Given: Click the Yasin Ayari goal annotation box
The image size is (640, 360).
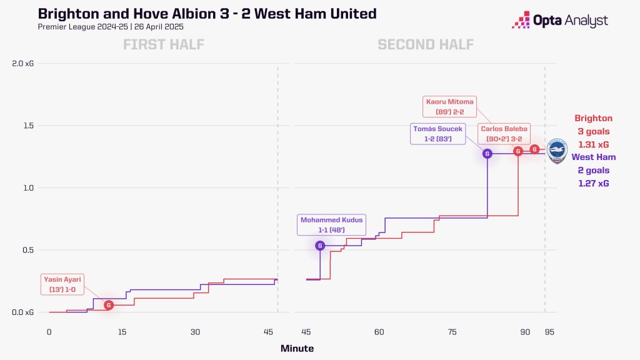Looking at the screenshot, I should (x=62, y=285).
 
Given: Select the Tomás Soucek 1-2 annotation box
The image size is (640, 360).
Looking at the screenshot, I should (x=437, y=134).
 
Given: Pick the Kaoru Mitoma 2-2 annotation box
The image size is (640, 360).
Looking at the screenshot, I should (x=449, y=107).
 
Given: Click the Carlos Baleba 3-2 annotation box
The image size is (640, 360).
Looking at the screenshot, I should (x=504, y=134).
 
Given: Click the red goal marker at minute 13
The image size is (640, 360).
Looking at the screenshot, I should (x=109, y=305).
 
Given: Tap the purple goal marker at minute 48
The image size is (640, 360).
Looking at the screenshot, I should (x=321, y=246).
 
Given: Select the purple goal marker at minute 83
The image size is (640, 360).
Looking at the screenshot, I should (x=487, y=153).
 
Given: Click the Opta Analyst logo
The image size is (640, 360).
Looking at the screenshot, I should (x=559, y=21).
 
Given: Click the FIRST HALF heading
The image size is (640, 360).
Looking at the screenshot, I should (x=164, y=44).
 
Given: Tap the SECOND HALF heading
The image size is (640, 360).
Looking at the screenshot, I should (x=425, y=44).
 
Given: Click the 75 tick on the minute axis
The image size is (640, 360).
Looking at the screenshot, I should (x=452, y=332).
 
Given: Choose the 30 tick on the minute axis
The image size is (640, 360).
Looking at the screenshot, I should (x=196, y=332).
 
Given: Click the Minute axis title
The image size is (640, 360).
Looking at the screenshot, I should (x=297, y=349).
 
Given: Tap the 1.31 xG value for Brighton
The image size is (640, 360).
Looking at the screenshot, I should (x=593, y=144).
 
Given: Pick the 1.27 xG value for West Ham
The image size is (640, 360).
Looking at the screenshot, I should (x=593, y=184).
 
